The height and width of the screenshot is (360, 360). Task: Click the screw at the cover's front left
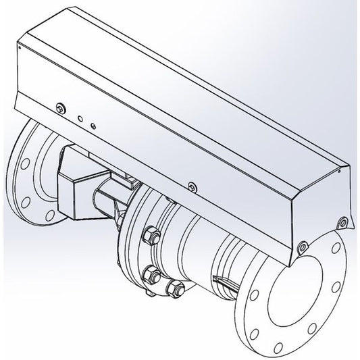tap(61, 106)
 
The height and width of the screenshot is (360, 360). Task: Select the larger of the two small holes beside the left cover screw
tap(80, 118)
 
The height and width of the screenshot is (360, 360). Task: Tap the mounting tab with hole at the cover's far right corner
tap(344, 221)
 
